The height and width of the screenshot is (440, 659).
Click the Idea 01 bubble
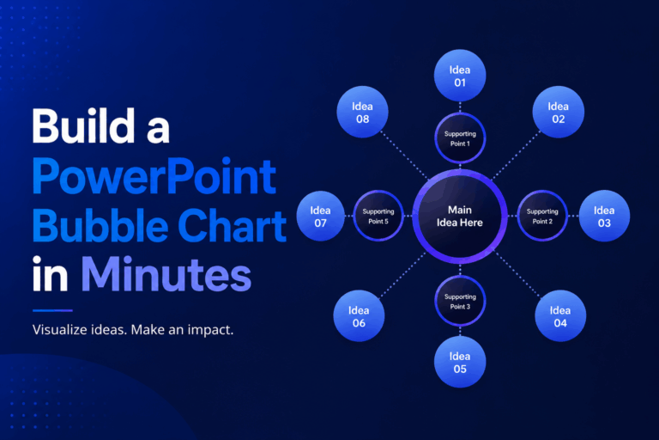pos(460,76)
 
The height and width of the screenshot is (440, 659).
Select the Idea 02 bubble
pos(558,112)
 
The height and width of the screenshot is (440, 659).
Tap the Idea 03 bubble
pos(604,216)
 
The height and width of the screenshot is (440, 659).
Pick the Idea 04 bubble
pos(560,315)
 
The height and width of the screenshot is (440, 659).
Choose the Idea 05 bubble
pos(460,362)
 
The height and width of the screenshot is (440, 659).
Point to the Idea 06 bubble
pos(359,315)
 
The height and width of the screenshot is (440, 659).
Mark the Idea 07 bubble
pos(321,216)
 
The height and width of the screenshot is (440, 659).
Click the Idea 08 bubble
pos(362,112)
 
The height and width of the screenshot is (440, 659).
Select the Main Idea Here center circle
pos(460,216)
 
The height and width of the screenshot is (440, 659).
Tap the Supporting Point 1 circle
pos(460,138)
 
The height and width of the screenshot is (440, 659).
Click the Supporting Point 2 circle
pos(542,216)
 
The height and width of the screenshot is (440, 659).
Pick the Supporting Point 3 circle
pos(460,301)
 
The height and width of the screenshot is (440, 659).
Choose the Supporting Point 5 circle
pos(378,216)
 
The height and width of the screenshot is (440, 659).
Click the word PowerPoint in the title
pos(154,177)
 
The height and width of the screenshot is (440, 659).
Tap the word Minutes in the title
pos(166,274)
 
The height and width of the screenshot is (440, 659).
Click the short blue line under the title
pos(52,311)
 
